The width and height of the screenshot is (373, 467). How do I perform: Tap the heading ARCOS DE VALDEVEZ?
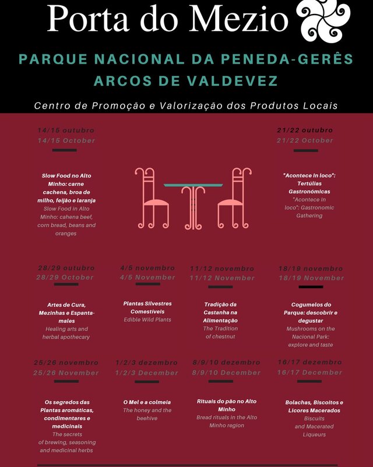pyautogui.click(x=186, y=81)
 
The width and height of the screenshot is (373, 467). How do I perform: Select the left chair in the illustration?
pyautogui.click(x=151, y=198)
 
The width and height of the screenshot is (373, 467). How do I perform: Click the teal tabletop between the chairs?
pyautogui.click(x=193, y=185)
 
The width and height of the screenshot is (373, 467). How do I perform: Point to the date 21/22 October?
pyautogui.click(x=305, y=141)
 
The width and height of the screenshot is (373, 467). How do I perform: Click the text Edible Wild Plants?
pyautogui.click(x=147, y=320)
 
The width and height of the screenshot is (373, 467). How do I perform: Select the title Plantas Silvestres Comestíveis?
pyautogui.click(x=147, y=308)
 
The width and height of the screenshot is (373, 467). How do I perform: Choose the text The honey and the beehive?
pyautogui.click(x=147, y=414)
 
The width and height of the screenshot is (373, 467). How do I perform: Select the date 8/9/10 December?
pyautogui.click(x=226, y=372)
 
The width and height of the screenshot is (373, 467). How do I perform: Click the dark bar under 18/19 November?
pyautogui.click(x=311, y=287)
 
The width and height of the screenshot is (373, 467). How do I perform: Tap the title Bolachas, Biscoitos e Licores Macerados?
pyautogui.click(x=314, y=406)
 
